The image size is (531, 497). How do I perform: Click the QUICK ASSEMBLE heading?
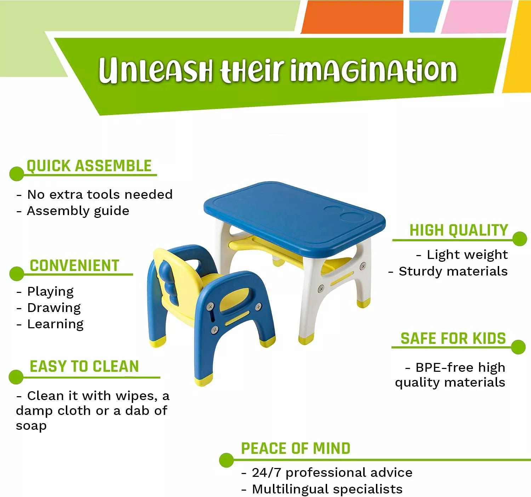point(89,166)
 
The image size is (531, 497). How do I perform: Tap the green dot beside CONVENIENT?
point(16,274)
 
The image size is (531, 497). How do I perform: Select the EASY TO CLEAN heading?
point(84,366)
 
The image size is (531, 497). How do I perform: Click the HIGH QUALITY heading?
point(458,230)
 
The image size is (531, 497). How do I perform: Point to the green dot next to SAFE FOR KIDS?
point(518,347)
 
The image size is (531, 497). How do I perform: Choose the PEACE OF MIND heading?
point(296,449)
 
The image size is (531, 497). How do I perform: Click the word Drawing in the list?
point(54,308)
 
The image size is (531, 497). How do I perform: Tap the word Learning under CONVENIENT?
point(56,324)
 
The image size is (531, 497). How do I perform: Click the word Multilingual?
point(290,489)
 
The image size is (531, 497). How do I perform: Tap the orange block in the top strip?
point(352,17)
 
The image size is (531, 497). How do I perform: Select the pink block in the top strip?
point(476,17)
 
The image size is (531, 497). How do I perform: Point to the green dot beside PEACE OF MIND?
point(226,460)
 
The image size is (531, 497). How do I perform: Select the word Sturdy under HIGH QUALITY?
point(417,271)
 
